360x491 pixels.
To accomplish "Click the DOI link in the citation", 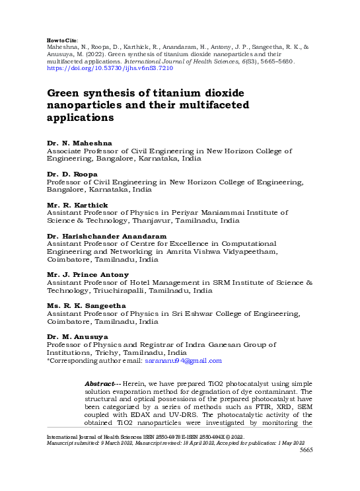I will pos(109,68).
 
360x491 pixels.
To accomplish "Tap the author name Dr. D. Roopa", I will pos(72,174).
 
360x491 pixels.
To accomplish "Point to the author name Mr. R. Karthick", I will pos(77,205).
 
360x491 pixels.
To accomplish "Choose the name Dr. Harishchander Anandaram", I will pos(106,236).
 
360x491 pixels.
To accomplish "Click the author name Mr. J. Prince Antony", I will pos(88,274).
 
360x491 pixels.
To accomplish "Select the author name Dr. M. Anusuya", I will pos(77,337).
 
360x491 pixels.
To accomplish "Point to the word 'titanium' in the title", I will pos(164,93).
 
